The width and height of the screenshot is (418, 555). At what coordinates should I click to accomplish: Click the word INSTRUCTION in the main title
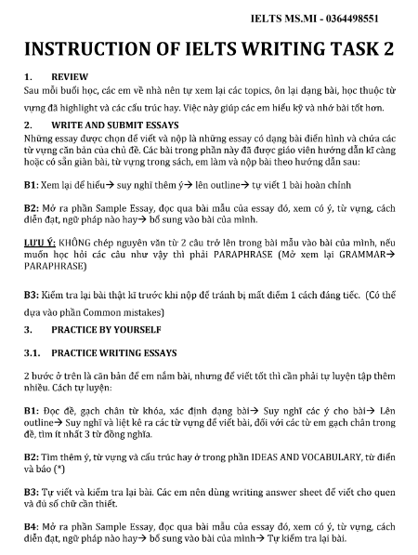(91, 49)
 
